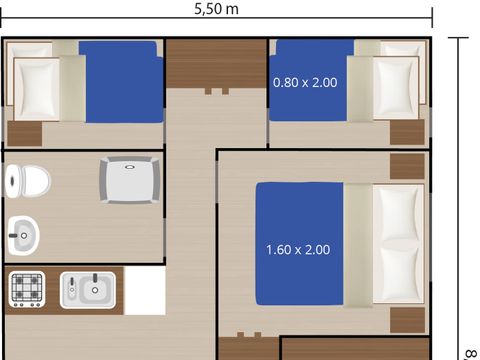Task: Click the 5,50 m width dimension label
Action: (x=216, y=9)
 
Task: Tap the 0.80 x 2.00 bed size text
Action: (x=305, y=82)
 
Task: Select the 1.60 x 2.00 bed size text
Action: (x=298, y=250)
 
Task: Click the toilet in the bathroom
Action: (x=28, y=181)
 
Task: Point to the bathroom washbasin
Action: (x=23, y=235)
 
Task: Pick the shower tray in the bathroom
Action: (x=130, y=180)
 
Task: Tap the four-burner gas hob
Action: (x=27, y=289)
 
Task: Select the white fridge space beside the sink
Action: (x=145, y=290)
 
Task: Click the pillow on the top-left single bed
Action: (x=37, y=89)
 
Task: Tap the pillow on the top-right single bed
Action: (x=396, y=88)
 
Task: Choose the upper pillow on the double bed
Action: (x=398, y=213)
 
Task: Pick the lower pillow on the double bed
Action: (x=398, y=274)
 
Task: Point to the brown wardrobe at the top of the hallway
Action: (x=217, y=64)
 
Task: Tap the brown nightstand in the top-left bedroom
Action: (x=25, y=133)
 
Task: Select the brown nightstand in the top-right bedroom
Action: (x=407, y=132)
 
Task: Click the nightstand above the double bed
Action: (x=407, y=166)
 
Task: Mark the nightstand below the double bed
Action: (x=407, y=320)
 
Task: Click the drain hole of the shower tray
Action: (x=129, y=167)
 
